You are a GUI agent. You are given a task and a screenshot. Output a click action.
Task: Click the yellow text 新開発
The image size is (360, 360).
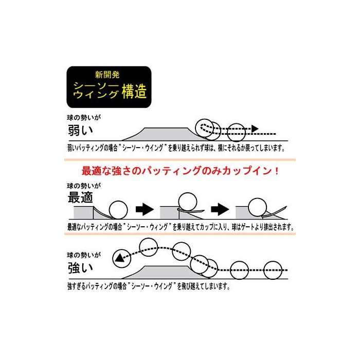(107, 75)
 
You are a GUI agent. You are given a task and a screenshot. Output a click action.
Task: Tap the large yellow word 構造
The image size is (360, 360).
(134, 91)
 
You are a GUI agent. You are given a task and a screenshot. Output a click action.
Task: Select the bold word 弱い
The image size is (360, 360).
(80, 130)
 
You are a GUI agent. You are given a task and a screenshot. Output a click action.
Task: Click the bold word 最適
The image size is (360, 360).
(80, 197)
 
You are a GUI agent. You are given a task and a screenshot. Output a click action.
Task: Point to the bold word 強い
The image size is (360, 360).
(80, 268)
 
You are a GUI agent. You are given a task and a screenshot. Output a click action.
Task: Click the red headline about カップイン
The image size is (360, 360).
(180, 171)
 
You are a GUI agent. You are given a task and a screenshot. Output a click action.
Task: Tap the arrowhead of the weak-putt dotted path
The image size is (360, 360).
(255, 129)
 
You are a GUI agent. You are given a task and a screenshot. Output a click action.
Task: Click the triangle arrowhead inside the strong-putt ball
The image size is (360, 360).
(119, 258)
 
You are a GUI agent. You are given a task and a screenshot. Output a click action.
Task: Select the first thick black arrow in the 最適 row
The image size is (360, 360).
(145, 209)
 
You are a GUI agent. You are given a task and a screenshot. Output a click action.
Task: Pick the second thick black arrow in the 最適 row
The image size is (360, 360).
(220, 209)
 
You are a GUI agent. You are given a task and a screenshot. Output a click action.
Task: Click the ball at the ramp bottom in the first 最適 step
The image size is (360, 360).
(118, 210)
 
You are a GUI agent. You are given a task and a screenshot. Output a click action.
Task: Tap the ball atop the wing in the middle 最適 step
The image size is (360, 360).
(188, 202)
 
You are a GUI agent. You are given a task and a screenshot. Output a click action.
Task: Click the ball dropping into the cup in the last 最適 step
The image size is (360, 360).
(258, 207)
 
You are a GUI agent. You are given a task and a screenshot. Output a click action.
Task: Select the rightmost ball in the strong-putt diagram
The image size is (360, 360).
(273, 270)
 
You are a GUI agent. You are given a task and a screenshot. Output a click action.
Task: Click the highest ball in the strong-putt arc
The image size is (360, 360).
(149, 247)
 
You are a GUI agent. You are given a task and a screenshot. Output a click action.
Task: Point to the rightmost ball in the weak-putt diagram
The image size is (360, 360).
(236, 132)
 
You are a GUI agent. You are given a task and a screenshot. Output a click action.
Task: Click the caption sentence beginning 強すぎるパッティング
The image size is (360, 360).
(149, 286)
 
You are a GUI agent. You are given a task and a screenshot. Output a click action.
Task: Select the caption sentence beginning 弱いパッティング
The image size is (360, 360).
(176, 148)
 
